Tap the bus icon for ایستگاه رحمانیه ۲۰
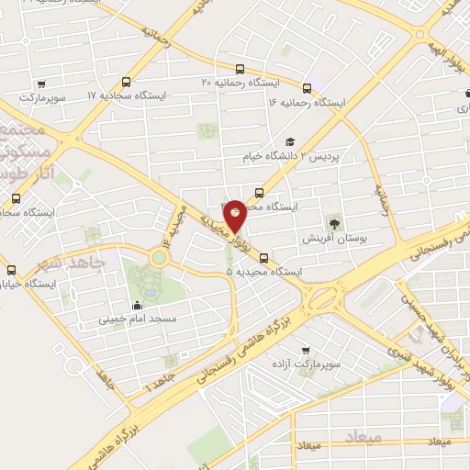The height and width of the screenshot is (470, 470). coord(241,69)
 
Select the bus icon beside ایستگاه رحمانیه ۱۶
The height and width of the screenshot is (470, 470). coord(307,89)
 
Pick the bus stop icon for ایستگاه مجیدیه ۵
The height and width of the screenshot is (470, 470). coord(264,258)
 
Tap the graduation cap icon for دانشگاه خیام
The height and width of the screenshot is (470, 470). coord(290,142)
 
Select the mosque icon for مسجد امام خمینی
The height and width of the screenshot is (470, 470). coord(138,306)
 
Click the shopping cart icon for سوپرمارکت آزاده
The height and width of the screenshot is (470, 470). coord(306,350)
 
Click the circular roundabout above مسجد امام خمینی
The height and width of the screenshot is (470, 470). coord(160,258)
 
